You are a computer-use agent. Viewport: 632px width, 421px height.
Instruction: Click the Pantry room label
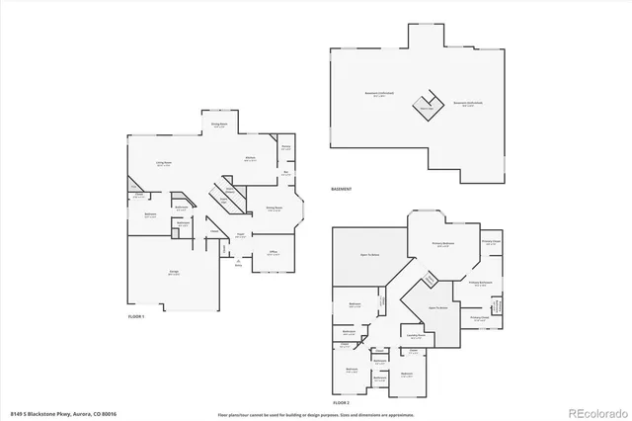point(285,149)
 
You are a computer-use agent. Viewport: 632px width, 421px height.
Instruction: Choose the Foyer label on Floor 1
point(240,234)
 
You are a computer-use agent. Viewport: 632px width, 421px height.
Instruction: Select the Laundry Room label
point(415,337)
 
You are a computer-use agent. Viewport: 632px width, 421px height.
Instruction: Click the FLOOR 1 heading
point(136,316)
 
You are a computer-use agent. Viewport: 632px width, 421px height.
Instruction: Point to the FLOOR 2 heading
point(342,404)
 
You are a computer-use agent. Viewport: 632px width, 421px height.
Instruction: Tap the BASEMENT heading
point(341,189)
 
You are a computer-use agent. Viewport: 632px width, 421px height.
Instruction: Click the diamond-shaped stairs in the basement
point(426,109)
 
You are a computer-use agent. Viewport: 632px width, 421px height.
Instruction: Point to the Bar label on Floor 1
point(285,173)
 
